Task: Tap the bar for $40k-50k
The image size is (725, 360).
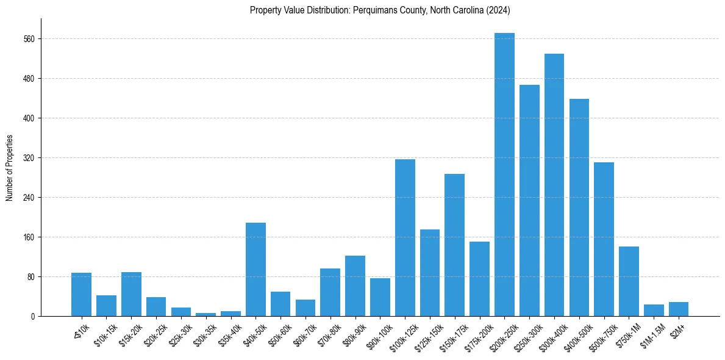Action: click(255, 269)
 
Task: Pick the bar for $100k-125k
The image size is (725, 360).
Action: click(405, 237)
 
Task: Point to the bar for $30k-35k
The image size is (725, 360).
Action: click(205, 314)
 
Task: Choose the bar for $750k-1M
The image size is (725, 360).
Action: click(629, 281)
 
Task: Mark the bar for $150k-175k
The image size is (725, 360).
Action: click(455, 245)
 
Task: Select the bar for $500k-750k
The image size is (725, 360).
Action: click(604, 239)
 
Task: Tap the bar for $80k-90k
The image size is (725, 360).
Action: click(355, 286)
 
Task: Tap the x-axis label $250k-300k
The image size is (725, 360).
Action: click(526, 334)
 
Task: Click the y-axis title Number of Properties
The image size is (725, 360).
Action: click(9, 167)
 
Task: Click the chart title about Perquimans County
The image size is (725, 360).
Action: click(380, 10)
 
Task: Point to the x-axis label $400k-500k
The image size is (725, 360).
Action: click(576, 334)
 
